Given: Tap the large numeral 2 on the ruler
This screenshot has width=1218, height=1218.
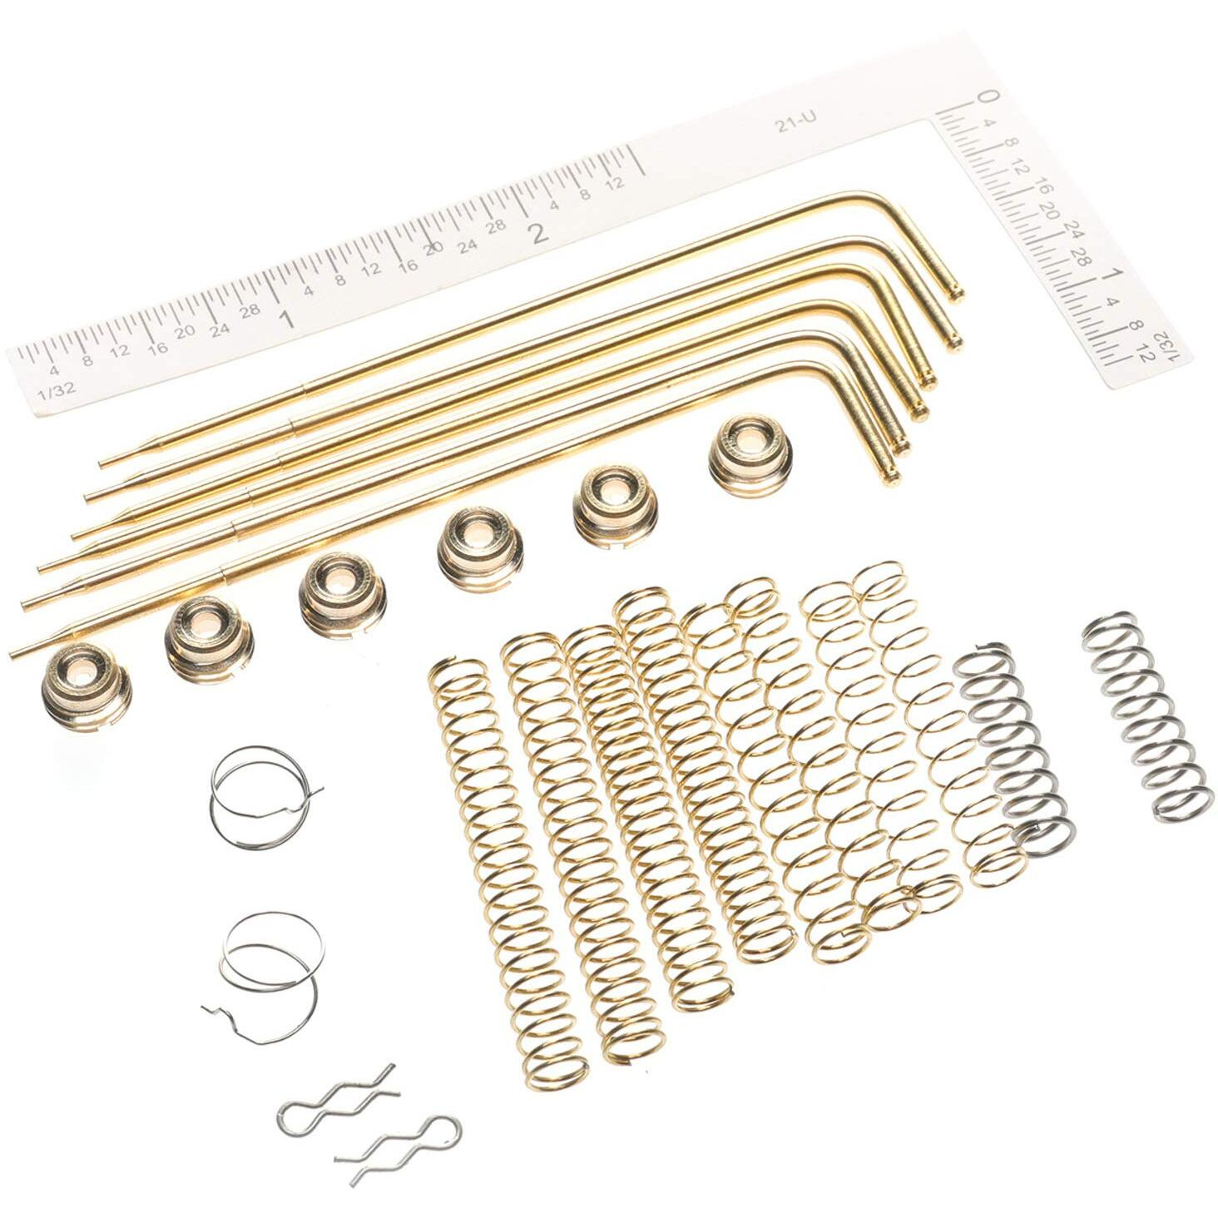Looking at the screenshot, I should [x=540, y=233].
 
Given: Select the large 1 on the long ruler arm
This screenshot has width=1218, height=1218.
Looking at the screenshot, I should [x=287, y=319].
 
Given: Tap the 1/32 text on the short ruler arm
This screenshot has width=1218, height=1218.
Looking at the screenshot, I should [x=1173, y=344].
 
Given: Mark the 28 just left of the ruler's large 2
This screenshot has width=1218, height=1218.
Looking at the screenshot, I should [x=497, y=225].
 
